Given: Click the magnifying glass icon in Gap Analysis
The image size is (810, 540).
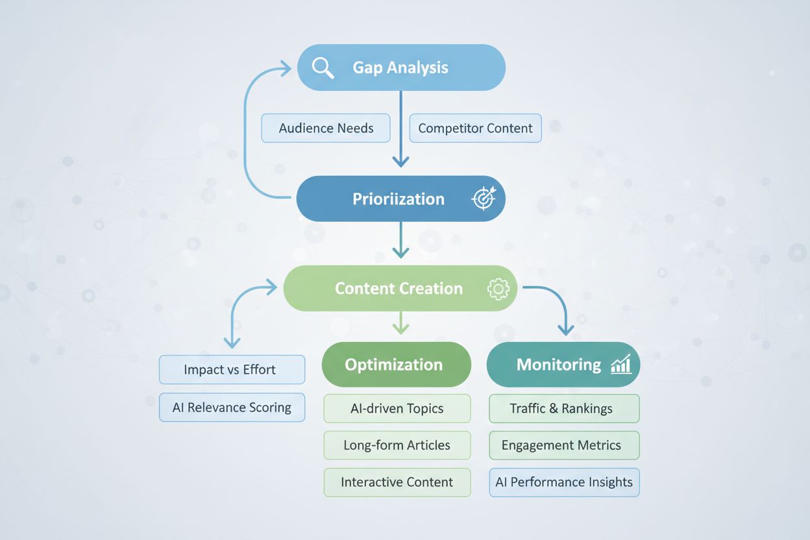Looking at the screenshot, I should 323,67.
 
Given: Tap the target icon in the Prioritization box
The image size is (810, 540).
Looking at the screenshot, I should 484,199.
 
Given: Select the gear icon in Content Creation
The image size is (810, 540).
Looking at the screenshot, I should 498,289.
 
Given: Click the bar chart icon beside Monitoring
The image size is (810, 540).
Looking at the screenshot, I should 621,365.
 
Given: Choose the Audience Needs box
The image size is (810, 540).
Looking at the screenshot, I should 326,129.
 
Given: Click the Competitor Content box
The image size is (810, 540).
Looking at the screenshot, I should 475,129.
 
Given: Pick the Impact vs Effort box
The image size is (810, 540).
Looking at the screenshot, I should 232,370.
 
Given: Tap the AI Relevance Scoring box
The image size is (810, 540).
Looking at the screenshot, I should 232,408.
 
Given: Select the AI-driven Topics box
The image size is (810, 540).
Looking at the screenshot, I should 397,408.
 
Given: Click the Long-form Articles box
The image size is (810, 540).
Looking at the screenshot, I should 397,445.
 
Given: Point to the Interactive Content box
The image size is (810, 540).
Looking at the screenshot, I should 397,482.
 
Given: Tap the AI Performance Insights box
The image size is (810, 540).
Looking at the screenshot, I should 563,482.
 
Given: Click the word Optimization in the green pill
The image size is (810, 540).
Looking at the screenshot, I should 393,365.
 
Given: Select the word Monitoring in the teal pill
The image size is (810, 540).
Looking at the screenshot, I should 558,365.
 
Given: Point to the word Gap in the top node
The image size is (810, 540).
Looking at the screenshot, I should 366,67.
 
